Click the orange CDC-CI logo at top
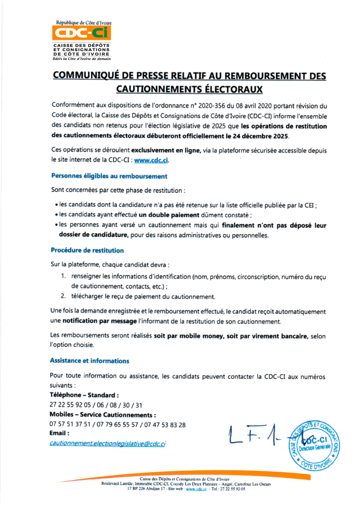point(82,33)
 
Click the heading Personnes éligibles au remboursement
point(109,176)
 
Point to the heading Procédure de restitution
point(87,250)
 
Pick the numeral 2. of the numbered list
point(64,297)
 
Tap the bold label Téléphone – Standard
point(84,395)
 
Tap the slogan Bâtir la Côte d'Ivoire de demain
point(82,59)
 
